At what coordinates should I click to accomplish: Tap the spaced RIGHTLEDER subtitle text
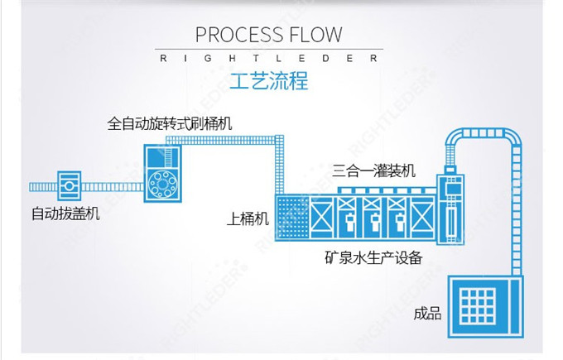pos(269,59)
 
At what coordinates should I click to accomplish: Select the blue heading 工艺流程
pos(269,83)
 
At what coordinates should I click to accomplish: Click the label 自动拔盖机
pos(65,214)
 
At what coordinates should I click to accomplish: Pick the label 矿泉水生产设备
pos(373,258)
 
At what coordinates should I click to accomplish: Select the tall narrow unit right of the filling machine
pos(456,211)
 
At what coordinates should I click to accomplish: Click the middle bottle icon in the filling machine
pos(374,220)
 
